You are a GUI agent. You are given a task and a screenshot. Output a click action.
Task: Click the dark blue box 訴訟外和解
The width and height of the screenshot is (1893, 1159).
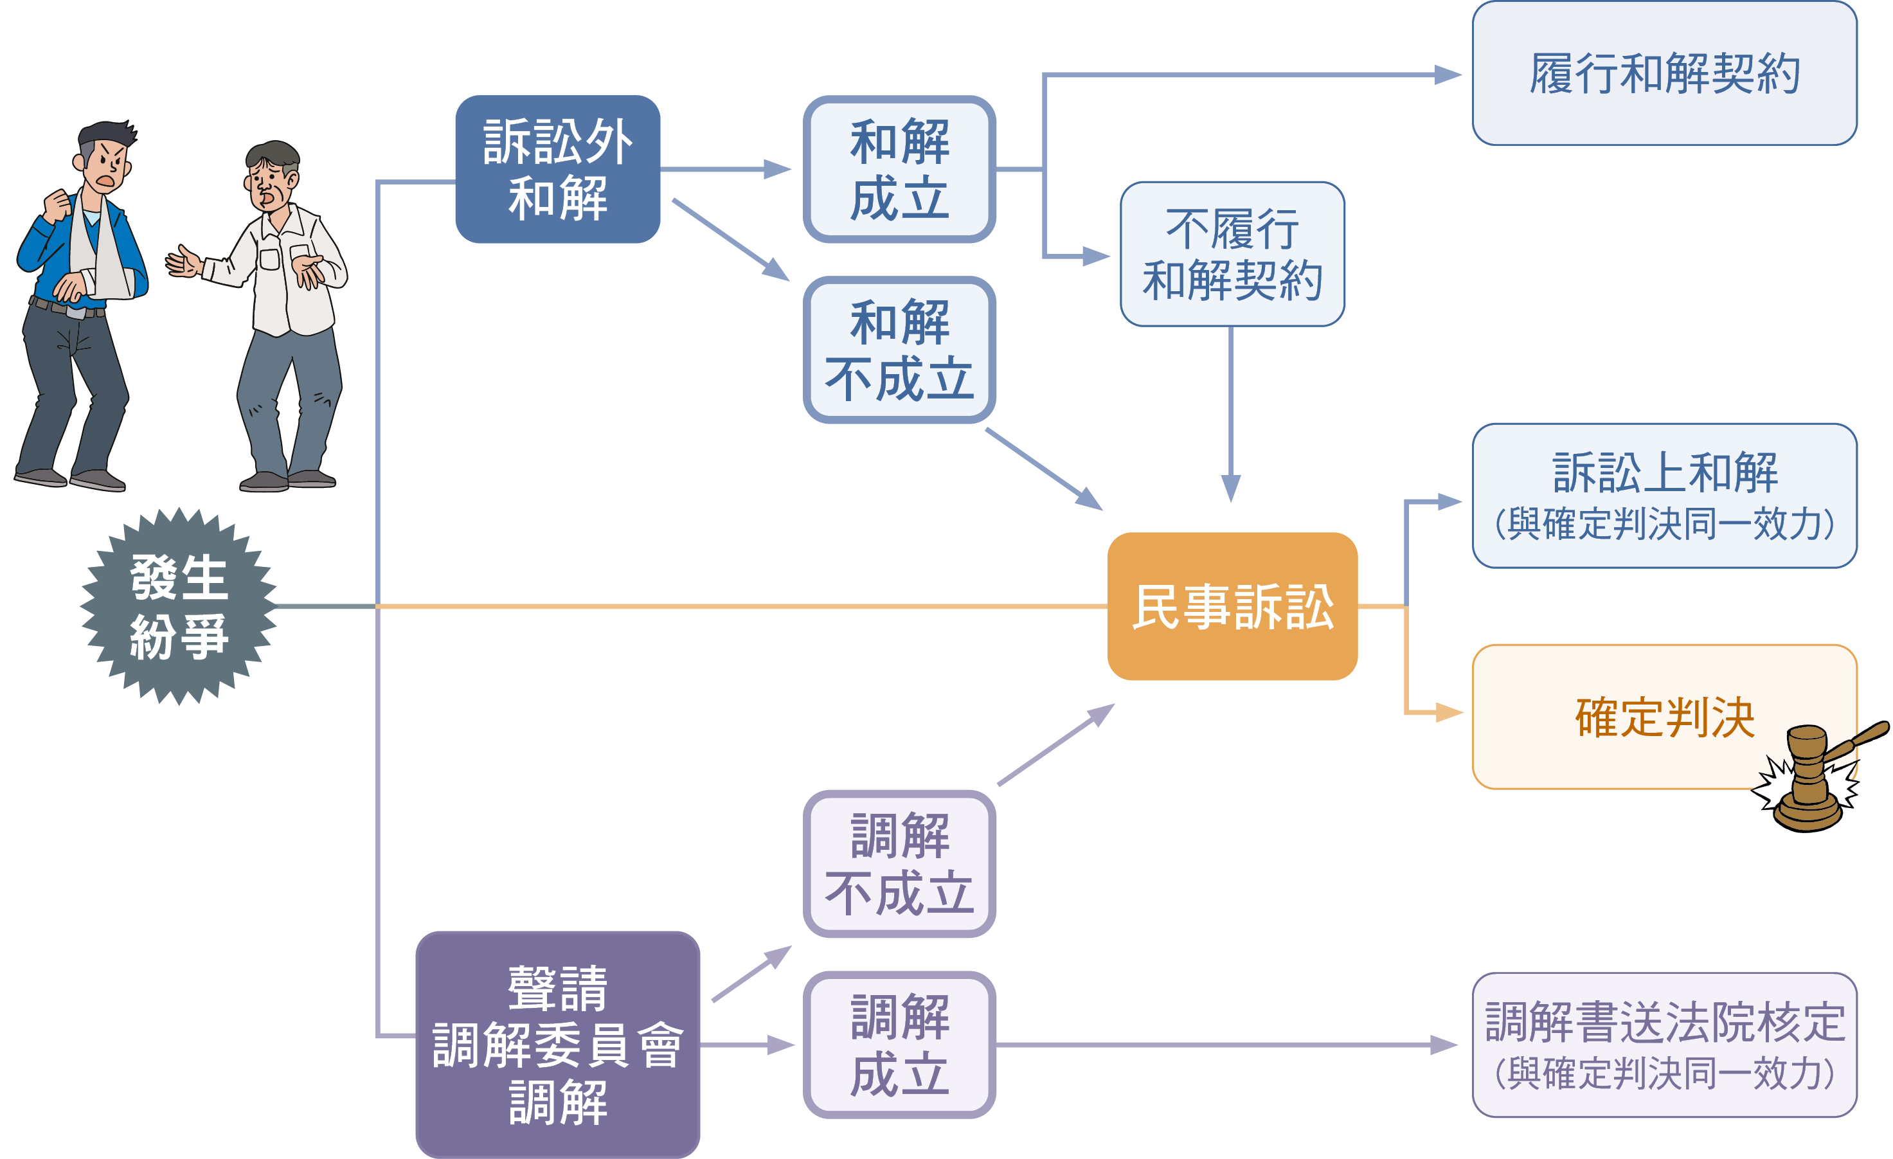[x=557, y=169]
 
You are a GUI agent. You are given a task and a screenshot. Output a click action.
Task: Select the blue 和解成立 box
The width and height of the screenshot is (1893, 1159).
[x=899, y=169]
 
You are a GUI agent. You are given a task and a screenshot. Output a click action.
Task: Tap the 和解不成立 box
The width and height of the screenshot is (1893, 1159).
[x=899, y=350]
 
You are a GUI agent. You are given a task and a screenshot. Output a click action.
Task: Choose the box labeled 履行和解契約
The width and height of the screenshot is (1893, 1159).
[x=1664, y=74]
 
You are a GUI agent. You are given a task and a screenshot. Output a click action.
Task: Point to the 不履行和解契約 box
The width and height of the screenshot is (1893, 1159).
[x=1232, y=254]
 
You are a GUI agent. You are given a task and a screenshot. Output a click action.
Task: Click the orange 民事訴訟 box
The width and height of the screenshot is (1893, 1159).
[x=1232, y=606]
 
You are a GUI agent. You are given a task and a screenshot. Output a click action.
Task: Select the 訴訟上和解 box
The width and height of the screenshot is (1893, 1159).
[x=1664, y=496]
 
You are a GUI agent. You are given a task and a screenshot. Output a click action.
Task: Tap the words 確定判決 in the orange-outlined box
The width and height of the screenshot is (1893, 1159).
[x=1664, y=717]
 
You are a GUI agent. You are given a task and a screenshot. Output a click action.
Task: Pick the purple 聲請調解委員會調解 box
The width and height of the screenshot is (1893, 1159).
[x=557, y=1045]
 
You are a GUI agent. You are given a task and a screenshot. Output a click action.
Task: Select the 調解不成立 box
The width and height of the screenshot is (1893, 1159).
[x=899, y=863]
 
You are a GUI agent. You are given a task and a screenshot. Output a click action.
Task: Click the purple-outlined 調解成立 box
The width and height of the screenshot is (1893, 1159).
[x=899, y=1045]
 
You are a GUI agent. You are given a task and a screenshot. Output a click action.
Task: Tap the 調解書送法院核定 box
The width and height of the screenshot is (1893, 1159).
[x=1664, y=1045]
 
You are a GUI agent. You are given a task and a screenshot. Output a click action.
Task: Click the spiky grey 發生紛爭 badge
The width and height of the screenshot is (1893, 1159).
[x=178, y=606]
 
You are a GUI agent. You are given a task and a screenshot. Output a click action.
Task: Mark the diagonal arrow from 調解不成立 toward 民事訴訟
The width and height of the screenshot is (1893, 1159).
[x=1055, y=744]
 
